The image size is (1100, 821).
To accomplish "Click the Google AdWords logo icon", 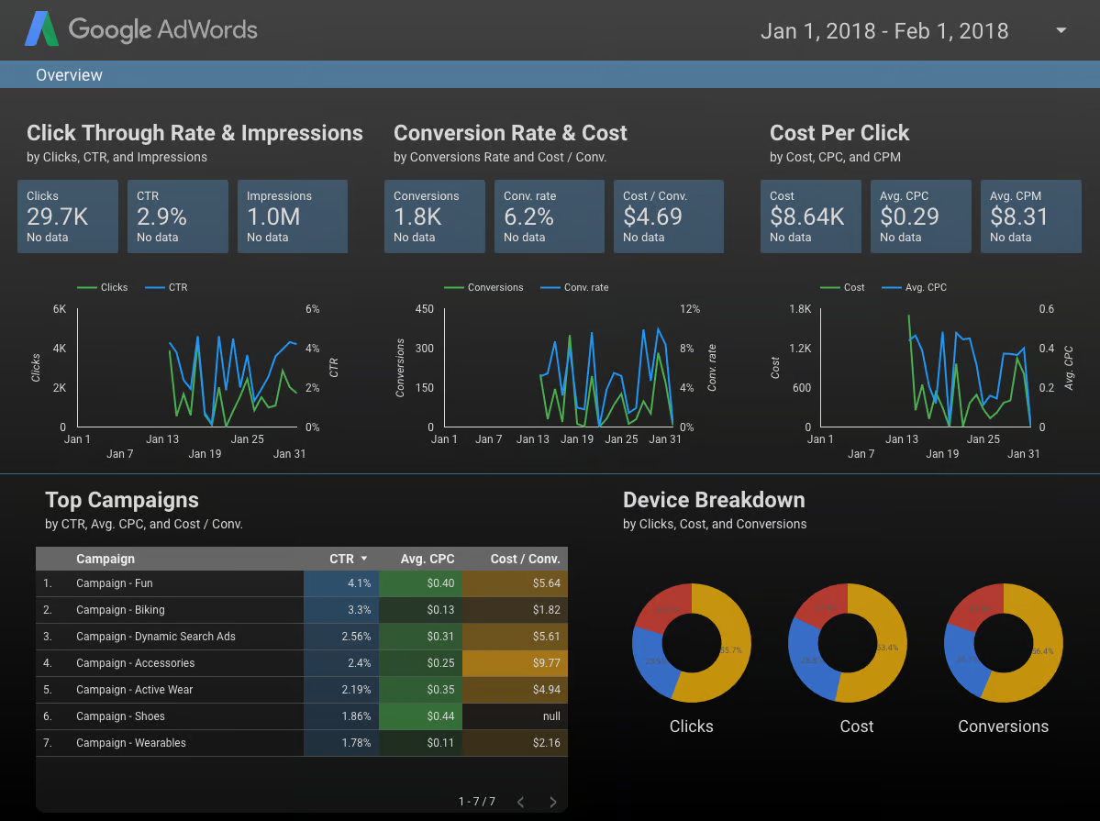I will (41, 29).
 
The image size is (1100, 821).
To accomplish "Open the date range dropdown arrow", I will (1061, 30).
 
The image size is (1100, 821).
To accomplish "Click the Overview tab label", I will (69, 75).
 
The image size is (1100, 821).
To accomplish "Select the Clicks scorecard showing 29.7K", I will (68, 216).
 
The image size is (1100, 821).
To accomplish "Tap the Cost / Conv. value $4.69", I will (652, 217).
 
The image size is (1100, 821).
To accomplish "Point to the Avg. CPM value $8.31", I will (1019, 217).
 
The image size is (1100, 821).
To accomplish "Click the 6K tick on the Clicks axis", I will (60, 309).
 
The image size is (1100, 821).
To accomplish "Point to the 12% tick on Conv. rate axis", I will (690, 309).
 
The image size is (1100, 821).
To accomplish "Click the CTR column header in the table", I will (341, 559).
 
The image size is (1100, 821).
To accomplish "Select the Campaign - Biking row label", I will (120, 610).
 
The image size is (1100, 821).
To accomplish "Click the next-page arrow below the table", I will (552, 802).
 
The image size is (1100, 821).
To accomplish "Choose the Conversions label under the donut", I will (1003, 727).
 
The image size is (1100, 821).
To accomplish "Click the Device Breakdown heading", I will (714, 500).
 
